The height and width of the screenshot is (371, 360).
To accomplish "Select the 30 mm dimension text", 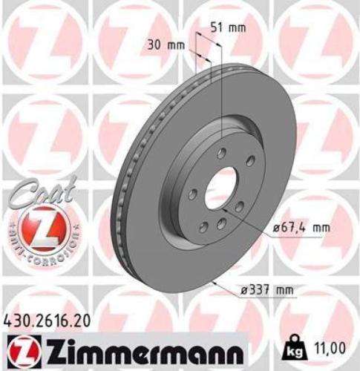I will [x=162, y=45].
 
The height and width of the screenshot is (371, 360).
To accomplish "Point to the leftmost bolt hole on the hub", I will [x=193, y=194].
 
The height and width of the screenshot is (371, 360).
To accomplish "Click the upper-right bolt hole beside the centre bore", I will [x=250, y=161].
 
